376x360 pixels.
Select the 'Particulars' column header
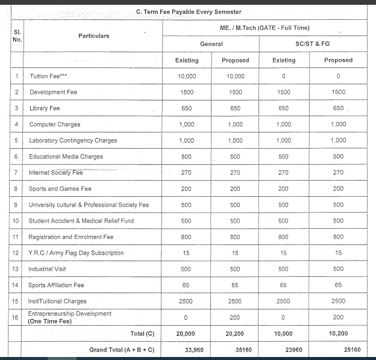[x=93, y=36]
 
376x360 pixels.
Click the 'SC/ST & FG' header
[x=313, y=44]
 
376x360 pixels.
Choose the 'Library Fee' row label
[x=46, y=108]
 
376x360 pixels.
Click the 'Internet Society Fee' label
[x=56, y=173]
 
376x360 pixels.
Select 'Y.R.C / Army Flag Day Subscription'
[x=76, y=253]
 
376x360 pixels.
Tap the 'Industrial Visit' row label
[x=49, y=269]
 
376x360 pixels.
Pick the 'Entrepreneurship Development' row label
[x=70, y=314]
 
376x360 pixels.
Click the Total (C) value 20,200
[x=235, y=334]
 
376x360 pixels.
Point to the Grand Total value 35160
[x=235, y=349]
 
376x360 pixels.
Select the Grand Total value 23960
[x=283, y=349]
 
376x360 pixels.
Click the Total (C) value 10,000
[x=283, y=334]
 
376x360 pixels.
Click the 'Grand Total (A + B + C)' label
[x=121, y=349]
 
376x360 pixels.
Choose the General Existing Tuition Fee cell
[x=187, y=76]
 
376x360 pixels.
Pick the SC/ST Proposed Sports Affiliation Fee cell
[x=338, y=285]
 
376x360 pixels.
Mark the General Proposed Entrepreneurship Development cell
[x=235, y=317]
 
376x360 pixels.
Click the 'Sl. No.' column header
[x=17, y=36]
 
